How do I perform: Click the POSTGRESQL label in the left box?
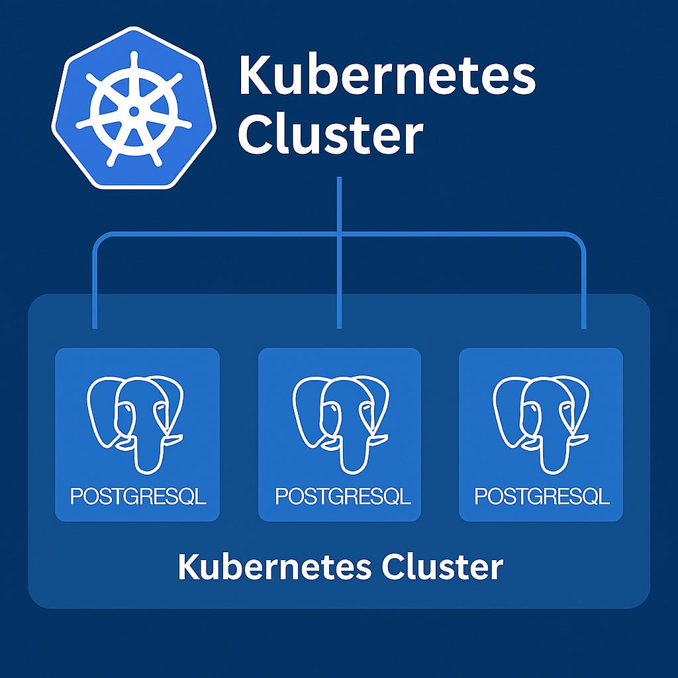[138, 497]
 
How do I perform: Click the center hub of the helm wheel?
[134, 111]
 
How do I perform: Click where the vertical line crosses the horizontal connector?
[339, 233]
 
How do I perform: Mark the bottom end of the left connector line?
[95, 326]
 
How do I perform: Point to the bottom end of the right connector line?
[583, 326]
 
